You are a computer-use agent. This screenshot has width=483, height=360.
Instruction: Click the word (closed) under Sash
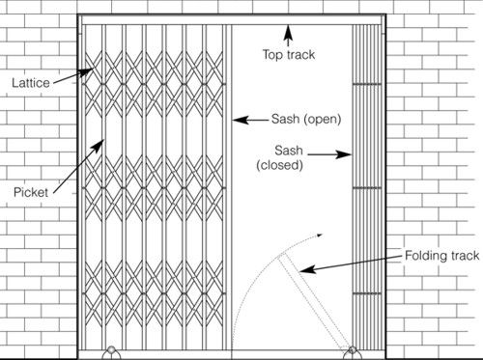coord(280,165)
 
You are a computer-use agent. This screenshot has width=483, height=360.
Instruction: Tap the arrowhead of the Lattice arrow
coord(93,69)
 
